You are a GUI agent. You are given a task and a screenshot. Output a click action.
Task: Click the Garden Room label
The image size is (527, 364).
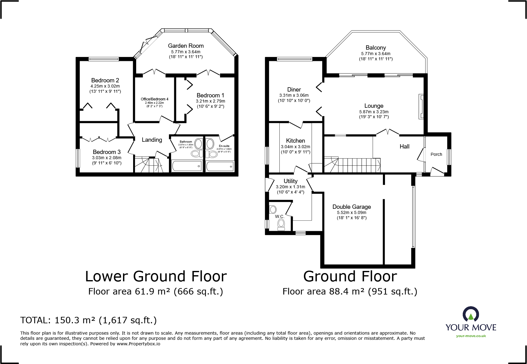coord(186,46)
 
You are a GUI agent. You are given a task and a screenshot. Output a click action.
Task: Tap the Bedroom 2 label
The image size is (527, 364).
coord(105,81)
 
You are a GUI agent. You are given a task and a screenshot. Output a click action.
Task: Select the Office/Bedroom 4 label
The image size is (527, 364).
coord(155,99)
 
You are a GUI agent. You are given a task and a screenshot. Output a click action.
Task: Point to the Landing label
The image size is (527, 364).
coord(152,140)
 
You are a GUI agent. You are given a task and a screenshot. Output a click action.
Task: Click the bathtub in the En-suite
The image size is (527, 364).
coord(220,166)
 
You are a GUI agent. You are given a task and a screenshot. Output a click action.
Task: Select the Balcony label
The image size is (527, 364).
coord(376,48)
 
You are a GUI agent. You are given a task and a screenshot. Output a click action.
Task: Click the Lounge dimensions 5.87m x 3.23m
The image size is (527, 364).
coord(374,112)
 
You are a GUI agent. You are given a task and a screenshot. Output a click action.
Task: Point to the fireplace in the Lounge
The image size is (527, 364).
coord(421,106)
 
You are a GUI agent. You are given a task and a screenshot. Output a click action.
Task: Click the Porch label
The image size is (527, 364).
coord(436,154)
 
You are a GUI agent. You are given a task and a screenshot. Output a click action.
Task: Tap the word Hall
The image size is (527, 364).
coord(405,147)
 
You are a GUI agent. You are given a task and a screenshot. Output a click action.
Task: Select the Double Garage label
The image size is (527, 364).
coord(352,207)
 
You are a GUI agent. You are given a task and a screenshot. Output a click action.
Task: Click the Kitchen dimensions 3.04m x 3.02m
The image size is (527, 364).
coord(296,147)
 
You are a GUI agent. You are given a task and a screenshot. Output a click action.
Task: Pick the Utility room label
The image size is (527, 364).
coord(290,181)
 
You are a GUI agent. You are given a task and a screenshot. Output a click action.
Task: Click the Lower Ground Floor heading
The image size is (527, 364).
coord(156,276)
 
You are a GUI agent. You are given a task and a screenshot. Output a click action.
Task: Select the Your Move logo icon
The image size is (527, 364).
coord(471,314)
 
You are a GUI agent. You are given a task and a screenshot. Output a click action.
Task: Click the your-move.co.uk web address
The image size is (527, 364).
coord(471,336)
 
